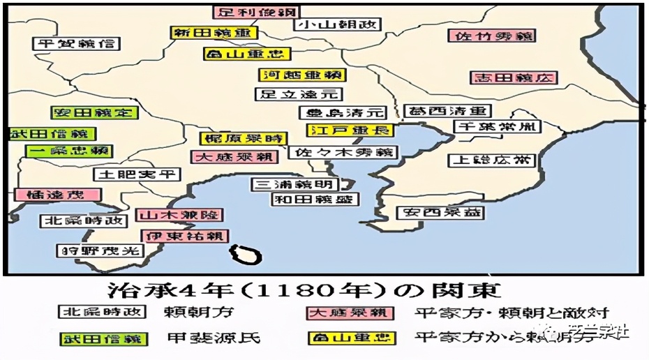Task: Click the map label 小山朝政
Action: [x=338, y=24]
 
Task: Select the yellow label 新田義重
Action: [x=213, y=33]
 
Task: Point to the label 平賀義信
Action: [x=76, y=43]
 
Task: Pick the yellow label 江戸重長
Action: [x=350, y=130]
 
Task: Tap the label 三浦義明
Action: [x=295, y=185]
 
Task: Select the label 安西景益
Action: [x=440, y=213]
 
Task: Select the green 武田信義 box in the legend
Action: [x=103, y=339]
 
